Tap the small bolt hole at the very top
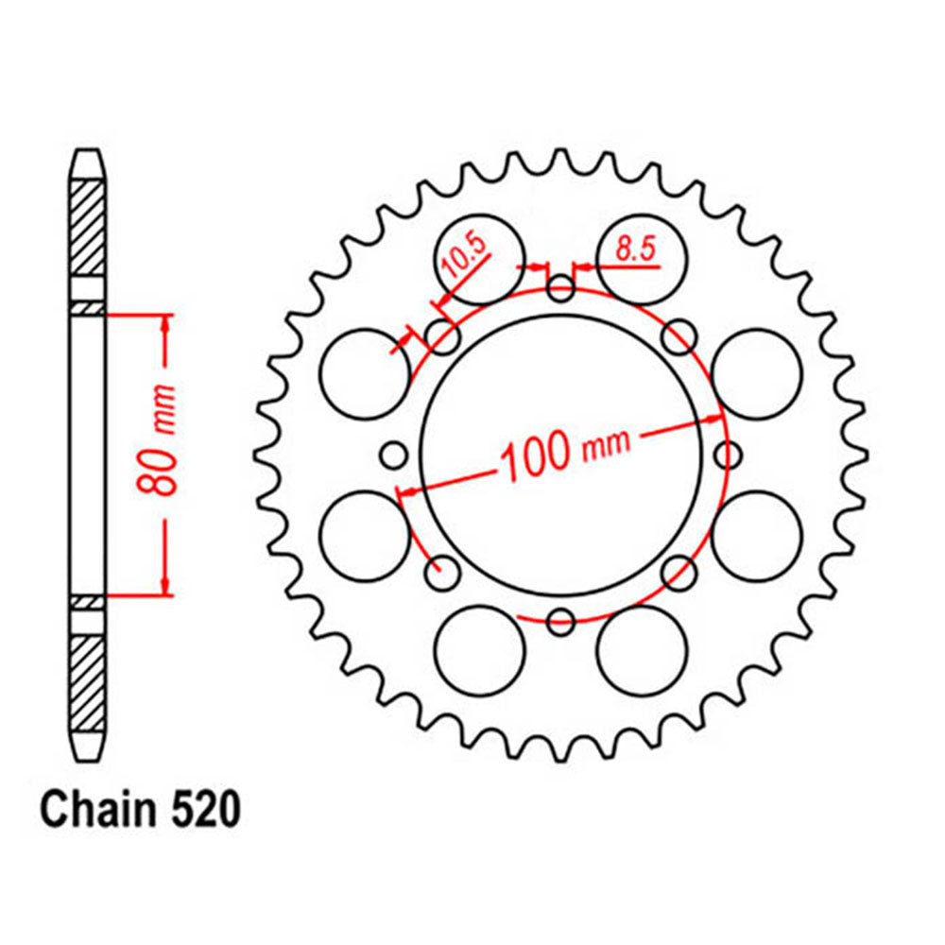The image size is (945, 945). [561, 288]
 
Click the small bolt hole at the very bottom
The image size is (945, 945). [561, 621]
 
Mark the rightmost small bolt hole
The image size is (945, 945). [729, 455]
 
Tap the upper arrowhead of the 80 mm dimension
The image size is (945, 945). [166, 325]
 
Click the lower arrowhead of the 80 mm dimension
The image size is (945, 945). [166, 585]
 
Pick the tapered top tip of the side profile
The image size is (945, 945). [87, 166]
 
